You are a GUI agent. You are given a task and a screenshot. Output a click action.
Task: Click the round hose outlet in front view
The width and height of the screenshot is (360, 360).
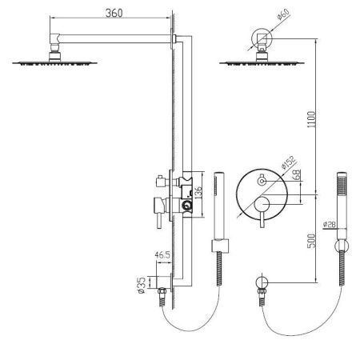[x=261, y=283]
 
